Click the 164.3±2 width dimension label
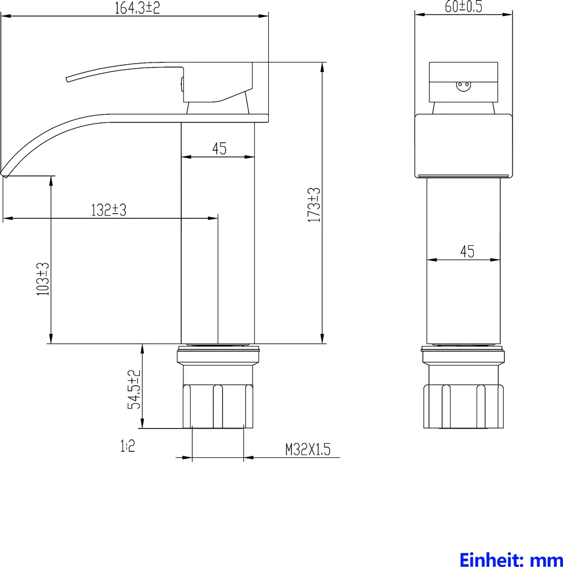137,8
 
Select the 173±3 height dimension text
314,205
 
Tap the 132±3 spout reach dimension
109,210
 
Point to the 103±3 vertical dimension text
43,279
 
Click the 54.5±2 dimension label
134,389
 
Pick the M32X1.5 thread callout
308,450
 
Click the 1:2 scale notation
127,446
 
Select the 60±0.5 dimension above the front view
463,7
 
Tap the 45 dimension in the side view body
219,148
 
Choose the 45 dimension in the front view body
467,252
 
